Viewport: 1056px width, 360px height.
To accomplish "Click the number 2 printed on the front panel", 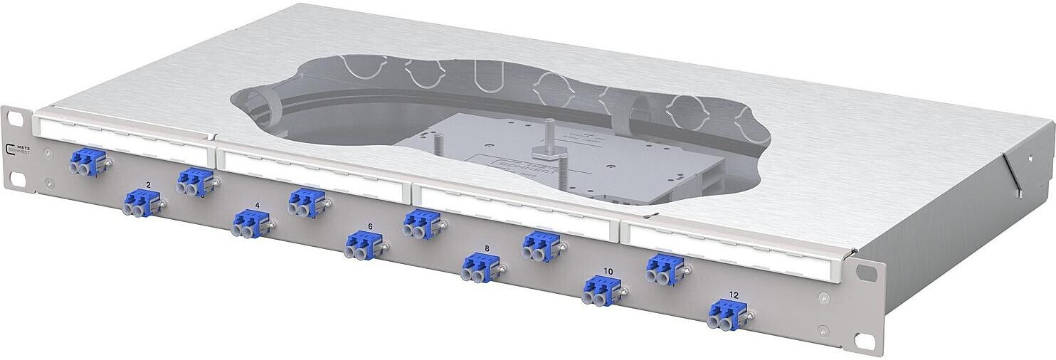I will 147,185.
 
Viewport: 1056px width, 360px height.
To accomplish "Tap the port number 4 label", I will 257,206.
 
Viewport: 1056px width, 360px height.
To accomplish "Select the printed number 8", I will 487,248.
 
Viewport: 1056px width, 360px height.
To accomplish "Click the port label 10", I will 608,271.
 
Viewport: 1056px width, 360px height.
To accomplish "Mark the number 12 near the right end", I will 734,295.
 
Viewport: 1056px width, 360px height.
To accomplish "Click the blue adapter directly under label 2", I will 142,203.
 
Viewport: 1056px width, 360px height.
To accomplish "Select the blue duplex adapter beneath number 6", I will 364,246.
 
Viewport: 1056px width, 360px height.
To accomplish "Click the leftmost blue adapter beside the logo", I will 88,162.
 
